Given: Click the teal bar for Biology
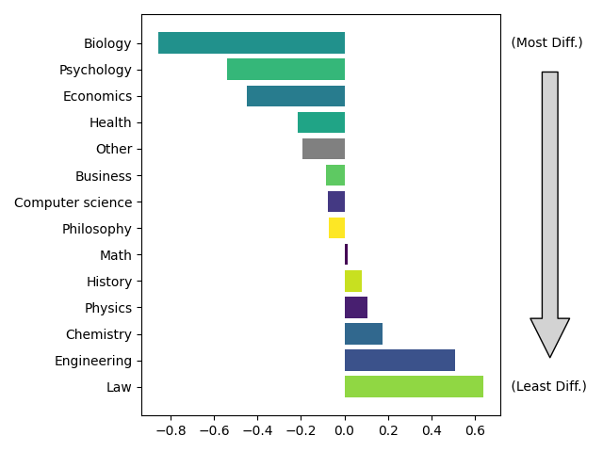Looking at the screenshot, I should [x=252, y=43].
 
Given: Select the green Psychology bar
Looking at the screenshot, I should [x=285, y=70].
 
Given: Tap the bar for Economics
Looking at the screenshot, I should [x=296, y=96].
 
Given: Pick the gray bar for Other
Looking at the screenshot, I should [x=323, y=149].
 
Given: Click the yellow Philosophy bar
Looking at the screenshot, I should [x=336, y=228].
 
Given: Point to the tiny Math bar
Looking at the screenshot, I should [x=346, y=254].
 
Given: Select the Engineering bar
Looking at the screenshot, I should [x=399, y=361].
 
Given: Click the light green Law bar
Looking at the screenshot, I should [x=414, y=387].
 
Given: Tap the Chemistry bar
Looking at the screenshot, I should [x=364, y=334].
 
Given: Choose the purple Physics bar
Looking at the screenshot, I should [x=356, y=308].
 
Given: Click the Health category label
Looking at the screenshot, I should [x=110, y=122].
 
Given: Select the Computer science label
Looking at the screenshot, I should [x=73, y=202].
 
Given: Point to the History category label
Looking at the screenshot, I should [x=109, y=282].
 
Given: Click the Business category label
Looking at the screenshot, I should [x=104, y=176].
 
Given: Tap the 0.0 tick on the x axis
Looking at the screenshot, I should [x=345, y=430].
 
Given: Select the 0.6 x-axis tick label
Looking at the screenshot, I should [x=475, y=430].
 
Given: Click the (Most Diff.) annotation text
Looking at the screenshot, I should [x=546, y=42].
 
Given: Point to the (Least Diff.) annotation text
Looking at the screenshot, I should [x=548, y=386].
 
